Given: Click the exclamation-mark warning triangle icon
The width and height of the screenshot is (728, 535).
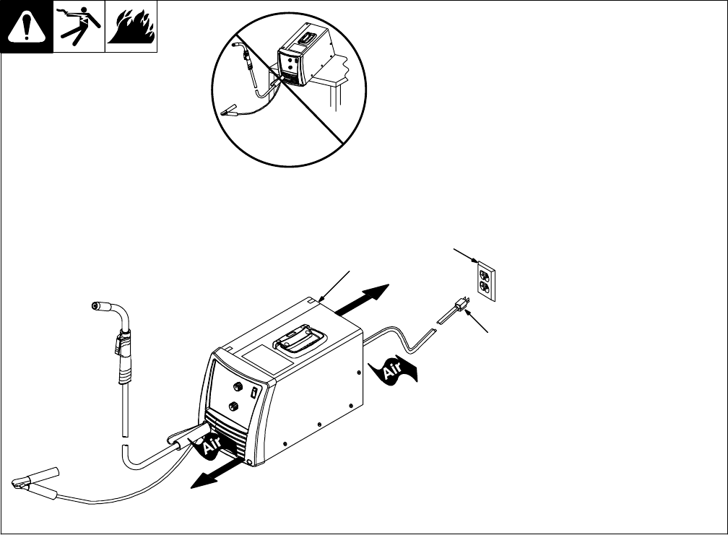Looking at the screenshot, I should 26,27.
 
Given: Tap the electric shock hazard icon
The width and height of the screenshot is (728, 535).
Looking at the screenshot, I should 79,27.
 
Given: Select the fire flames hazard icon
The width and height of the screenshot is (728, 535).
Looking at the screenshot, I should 131,27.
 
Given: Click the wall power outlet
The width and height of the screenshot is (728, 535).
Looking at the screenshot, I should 485,281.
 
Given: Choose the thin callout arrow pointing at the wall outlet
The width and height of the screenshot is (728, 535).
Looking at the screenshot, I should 465,256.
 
